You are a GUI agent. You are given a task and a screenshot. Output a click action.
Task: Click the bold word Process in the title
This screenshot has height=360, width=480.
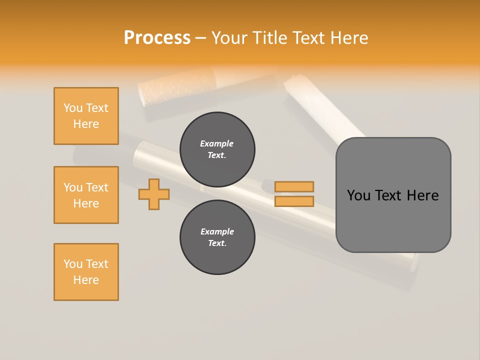(x=157, y=38)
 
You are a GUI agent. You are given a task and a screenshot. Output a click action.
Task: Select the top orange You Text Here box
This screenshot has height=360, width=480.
(x=86, y=116)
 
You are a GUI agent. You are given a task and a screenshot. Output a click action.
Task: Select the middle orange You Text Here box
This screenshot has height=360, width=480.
(x=86, y=195)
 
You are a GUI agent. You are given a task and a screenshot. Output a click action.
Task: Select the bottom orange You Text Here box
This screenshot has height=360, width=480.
(x=86, y=272)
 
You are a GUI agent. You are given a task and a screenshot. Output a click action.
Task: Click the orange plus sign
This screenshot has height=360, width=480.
(x=154, y=194)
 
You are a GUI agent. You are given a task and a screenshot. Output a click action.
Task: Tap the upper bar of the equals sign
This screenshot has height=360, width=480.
(x=294, y=186)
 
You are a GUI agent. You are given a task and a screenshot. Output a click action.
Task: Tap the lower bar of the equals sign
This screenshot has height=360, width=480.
(x=294, y=201)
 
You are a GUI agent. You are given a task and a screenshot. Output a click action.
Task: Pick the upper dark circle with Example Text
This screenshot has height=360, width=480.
(x=217, y=149)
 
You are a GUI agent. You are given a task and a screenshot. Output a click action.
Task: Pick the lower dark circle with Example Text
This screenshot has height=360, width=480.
(x=217, y=237)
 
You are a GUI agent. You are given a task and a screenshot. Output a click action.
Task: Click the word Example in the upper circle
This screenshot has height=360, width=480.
(x=217, y=143)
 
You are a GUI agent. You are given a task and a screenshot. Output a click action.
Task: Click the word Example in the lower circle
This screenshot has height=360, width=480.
(x=217, y=231)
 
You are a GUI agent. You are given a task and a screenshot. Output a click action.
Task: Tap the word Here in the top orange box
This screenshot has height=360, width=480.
(x=86, y=124)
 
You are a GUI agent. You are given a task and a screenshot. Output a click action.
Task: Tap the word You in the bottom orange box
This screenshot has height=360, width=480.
(x=73, y=264)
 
